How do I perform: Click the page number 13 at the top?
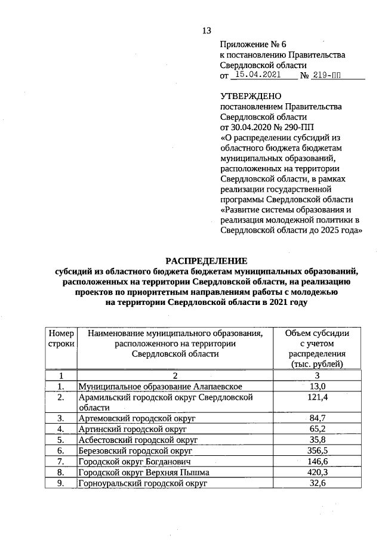click(x=207, y=30)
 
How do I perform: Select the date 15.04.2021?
click(x=258, y=75)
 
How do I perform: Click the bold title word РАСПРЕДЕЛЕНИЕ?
click(x=206, y=260)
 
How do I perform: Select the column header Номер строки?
click(x=61, y=338)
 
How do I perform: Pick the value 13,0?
click(x=317, y=387)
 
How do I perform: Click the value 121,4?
click(x=317, y=397)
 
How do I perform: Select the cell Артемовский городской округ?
click(x=137, y=418)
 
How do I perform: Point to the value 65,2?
click(x=317, y=429)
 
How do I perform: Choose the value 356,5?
click(x=317, y=450)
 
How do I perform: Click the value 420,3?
click(x=317, y=472)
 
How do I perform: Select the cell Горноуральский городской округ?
click(x=143, y=483)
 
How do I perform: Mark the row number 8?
click(x=61, y=472)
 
